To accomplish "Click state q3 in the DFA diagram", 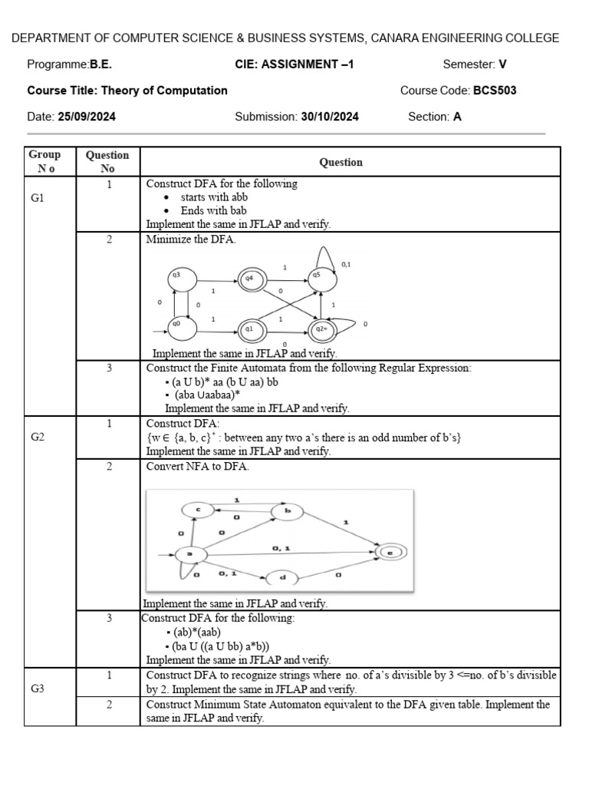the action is tap(176, 276).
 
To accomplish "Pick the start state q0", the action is tap(176, 325).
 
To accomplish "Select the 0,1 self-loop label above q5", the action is tap(346, 264).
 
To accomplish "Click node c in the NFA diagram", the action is tap(198, 509).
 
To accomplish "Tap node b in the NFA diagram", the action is tap(288, 510).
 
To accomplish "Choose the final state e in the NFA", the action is tap(390, 551).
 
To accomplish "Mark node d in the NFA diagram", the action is tap(282, 577).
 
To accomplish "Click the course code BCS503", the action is tap(495, 91).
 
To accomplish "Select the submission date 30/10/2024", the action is tap(330, 117).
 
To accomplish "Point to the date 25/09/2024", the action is tap(87, 117).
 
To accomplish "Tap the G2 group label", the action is tap(38, 437).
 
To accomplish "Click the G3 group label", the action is tap(38, 689).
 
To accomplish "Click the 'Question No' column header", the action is tap(107, 162).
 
